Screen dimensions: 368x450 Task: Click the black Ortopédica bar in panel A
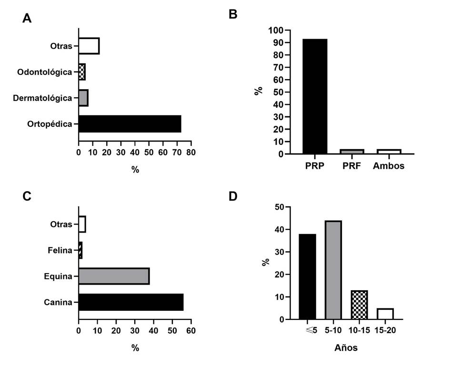click(130, 123)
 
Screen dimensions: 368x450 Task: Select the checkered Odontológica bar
click(82, 72)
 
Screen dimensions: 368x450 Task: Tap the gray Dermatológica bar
click(83, 98)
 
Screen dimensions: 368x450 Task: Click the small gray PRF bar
click(352, 152)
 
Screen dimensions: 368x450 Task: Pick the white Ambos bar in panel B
click(389, 152)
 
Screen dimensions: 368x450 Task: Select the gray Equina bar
click(114, 276)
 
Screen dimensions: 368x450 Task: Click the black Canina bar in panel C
click(131, 302)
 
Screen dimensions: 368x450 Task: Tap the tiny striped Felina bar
click(80, 250)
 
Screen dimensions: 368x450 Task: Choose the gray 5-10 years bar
click(333, 270)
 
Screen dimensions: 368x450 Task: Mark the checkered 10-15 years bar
click(359, 305)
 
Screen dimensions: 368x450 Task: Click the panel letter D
click(233, 196)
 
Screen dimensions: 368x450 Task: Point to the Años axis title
click(346, 348)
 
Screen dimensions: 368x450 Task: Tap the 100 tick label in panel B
click(277, 31)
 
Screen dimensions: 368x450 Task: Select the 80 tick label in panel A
click(191, 152)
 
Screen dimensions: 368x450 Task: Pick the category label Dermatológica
click(42, 98)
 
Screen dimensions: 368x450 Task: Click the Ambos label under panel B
click(389, 166)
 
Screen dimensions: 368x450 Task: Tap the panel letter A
click(27, 19)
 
